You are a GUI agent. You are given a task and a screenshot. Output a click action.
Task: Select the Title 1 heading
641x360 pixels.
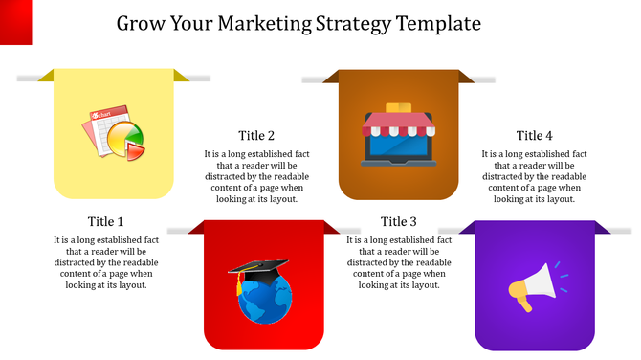tap(105, 221)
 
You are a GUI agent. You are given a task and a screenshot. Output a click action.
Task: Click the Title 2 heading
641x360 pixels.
tap(256, 136)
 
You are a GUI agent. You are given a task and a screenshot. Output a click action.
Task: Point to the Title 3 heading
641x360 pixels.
tap(399, 221)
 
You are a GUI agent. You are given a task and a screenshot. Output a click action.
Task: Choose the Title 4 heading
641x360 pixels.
tap(534, 136)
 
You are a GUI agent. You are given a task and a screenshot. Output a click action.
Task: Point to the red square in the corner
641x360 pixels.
tap(16, 21)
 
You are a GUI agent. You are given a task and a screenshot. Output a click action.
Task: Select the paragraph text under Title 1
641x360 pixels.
tap(105, 262)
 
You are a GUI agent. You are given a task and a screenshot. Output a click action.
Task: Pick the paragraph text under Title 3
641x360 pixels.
tap(399, 262)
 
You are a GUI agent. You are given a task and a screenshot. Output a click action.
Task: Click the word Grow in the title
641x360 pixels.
tap(140, 22)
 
